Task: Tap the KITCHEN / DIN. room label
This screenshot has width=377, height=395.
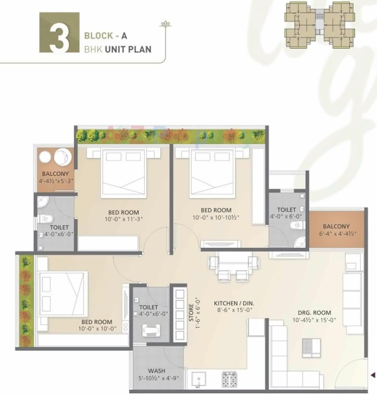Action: tap(234, 303)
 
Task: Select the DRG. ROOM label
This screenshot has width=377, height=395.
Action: tap(314, 313)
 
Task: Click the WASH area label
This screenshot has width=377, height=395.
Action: tap(156, 371)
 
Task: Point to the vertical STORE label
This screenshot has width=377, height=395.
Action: tap(191, 312)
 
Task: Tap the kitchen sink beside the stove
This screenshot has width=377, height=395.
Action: tap(199, 379)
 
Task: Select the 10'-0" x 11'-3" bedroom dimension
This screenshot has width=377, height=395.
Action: tap(124, 219)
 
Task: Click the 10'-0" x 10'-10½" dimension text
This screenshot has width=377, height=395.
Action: tap(216, 218)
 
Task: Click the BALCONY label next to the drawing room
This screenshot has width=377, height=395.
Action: tap(336, 226)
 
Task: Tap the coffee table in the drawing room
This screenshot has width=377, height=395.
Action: tap(311, 348)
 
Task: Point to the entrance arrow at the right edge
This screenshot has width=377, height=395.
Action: tap(373, 375)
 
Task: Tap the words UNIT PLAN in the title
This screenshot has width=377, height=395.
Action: tap(128, 49)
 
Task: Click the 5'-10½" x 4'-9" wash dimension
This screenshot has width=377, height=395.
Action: tap(158, 378)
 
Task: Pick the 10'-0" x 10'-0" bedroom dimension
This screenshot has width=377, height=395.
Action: tap(97, 329)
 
